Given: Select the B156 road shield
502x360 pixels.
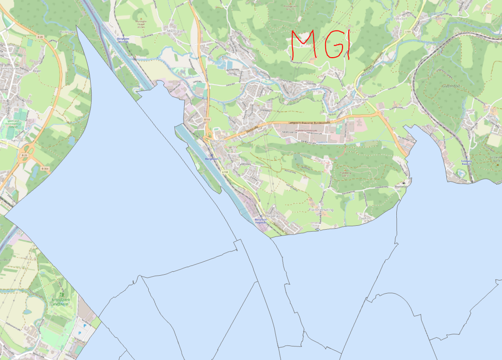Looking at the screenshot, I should pos(207,119).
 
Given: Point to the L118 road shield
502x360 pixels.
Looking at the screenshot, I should pos(224,172).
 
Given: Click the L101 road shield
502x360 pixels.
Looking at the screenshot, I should pos(408,32).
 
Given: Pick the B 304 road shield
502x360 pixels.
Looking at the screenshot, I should pos(45,168).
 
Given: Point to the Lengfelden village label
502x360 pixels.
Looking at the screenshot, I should pos(359,99).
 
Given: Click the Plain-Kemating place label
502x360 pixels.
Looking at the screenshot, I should pos(320,210).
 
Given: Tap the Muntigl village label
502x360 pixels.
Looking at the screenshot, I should pos(172,31).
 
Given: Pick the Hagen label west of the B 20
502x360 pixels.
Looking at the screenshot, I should pos(35,71).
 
